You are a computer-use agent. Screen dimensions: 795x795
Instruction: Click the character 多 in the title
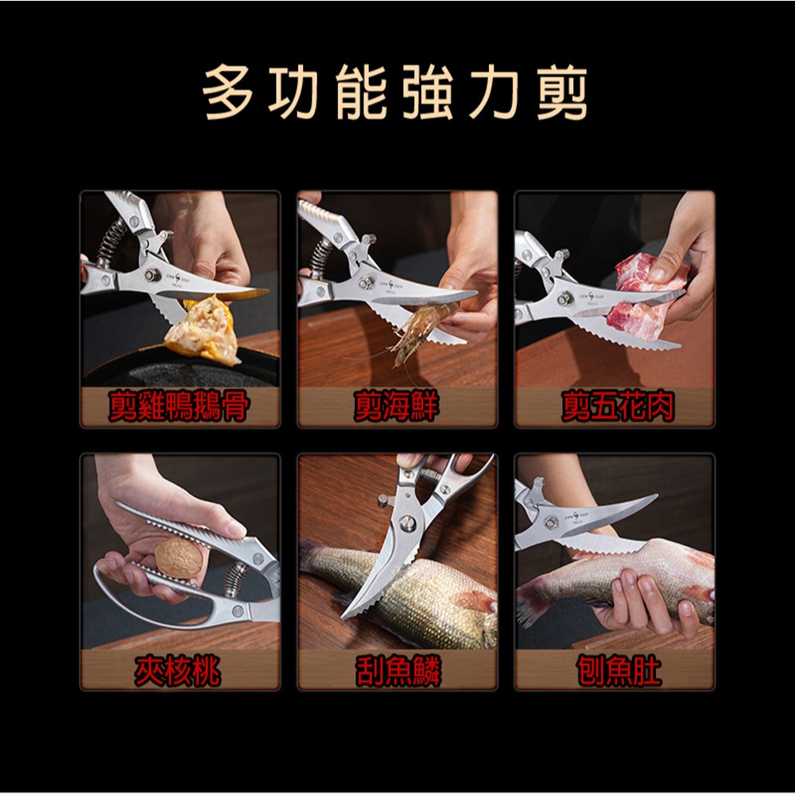point(228,91)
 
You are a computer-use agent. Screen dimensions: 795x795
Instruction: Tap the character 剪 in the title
point(562,92)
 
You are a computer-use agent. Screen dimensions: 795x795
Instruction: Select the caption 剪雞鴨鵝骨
point(179,406)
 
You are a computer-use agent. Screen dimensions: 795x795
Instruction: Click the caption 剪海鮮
point(396,406)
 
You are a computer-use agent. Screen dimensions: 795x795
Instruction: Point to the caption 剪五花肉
point(618,406)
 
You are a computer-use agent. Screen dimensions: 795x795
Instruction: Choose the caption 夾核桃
point(177,670)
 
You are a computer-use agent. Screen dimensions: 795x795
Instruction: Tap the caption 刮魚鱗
point(398,670)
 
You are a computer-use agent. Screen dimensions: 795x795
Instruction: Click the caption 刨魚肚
point(619,670)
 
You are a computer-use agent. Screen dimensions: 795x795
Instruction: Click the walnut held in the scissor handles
point(178,558)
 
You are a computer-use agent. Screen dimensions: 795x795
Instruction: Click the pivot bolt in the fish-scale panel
point(407,523)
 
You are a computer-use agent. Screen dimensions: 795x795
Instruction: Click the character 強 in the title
point(429,92)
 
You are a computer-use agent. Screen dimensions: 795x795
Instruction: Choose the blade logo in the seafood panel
point(390,285)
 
